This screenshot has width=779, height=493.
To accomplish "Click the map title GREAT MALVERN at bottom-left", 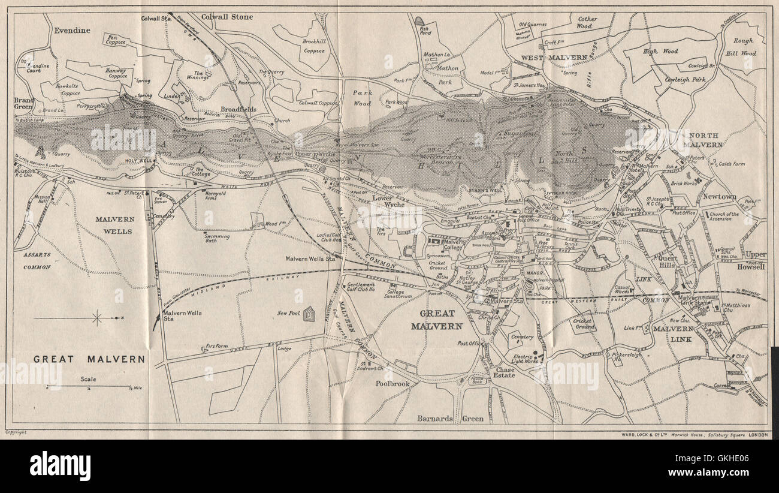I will click(x=89, y=359).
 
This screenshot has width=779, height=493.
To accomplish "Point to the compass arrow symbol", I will click(x=96, y=318).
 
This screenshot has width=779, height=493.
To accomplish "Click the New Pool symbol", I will click(x=309, y=314).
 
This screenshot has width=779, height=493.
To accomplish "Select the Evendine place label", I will click(x=71, y=30).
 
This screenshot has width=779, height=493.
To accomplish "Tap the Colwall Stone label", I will click(x=227, y=17).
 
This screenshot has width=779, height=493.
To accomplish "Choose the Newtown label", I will click(x=720, y=197).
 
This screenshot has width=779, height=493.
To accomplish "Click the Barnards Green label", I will click(x=450, y=419).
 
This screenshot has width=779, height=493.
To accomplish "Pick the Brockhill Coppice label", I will click(x=313, y=46).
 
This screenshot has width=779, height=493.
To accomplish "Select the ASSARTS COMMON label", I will click(x=37, y=260).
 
